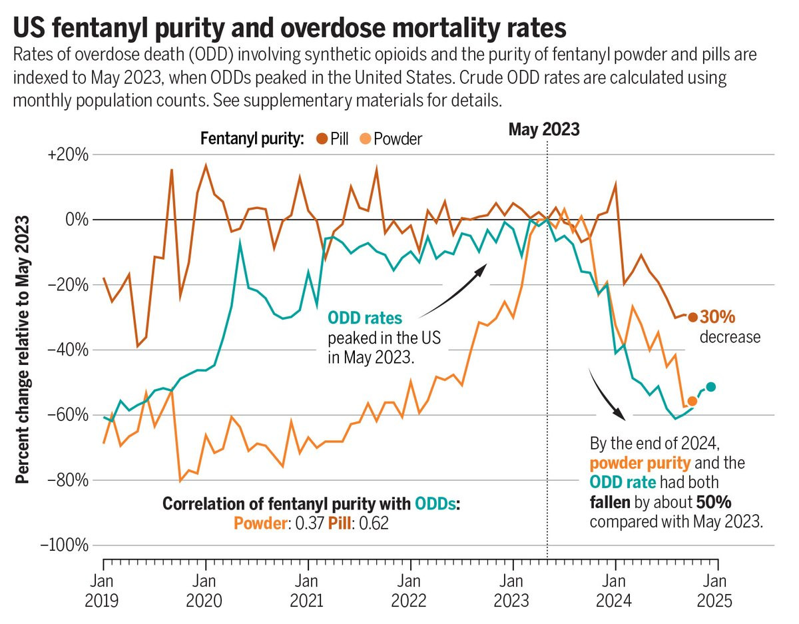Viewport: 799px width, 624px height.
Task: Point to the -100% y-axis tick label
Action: click(65, 545)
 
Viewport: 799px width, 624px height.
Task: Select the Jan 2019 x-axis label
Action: click(102, 591)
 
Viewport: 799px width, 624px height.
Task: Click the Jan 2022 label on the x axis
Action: click(410, 591)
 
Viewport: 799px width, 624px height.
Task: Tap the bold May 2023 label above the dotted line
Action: click(544, 129)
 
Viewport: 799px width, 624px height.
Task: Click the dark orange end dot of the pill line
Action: click(692, 317)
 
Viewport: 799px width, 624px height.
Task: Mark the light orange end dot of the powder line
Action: click(692, 401)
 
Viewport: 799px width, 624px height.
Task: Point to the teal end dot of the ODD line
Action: click(711, 387)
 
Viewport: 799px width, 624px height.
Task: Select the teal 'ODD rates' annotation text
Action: click(366, 319)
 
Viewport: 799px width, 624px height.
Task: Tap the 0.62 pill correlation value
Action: click(374, 523)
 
